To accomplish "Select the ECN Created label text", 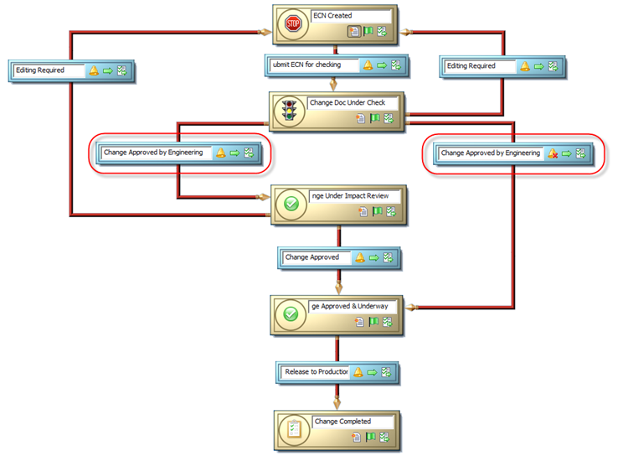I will (x=332, y=15).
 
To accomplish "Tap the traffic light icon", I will (x=291, y=110).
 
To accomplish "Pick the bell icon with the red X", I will (x=553, y=153).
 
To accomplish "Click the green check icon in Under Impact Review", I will (x=291, y=203).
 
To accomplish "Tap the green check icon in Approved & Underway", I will (x=291, y=313).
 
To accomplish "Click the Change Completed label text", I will (x=342, y=422).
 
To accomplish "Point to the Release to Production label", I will (x=316, y=371).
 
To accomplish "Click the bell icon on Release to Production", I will (x=358, y=371).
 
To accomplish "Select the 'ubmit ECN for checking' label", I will (x=310, y=65).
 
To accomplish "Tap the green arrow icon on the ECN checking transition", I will (x=382, y=65).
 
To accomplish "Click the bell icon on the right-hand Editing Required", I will (x=525, y=66).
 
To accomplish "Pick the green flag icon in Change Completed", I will (x=369, y=438).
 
